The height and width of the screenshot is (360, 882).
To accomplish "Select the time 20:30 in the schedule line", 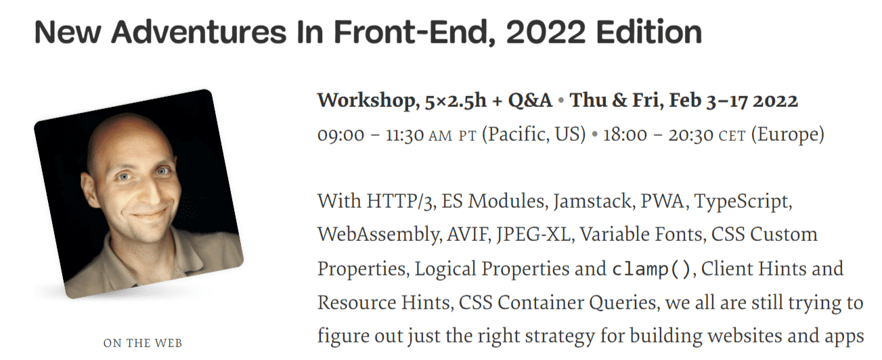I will [690, 135].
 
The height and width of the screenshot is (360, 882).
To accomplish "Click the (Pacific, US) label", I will [533, 135].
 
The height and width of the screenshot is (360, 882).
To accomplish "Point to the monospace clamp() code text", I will [651, 269].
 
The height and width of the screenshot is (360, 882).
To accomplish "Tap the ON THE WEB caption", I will [142, 343].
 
